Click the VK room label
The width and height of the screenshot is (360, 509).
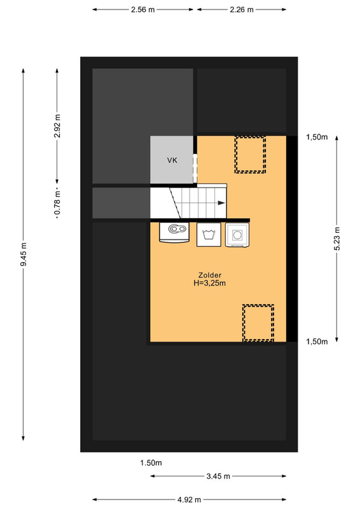tap(172, 160)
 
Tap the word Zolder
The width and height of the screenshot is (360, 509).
tap(210, 275)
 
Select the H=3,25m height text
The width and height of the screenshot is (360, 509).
tap(210, 283)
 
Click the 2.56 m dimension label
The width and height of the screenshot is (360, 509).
tap(143, 10)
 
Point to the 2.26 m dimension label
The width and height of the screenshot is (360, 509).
tap(242, 10)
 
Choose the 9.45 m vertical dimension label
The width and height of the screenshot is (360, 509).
tap(24, 254)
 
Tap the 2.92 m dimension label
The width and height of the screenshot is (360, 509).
tap(57, 125)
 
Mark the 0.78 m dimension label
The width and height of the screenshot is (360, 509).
tap(57, 203)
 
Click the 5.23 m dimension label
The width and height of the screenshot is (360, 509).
tap(337, 239)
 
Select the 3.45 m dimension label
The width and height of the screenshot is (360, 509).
tap(218, 476)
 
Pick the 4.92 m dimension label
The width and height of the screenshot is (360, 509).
tap(189, 499)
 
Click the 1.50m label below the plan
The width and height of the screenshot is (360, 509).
tap(151, 463)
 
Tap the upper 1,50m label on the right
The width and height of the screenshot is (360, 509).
tap(317, 137)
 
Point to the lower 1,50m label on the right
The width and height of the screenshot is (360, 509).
tap(317, 342)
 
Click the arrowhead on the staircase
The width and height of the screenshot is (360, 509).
tap(221, 203)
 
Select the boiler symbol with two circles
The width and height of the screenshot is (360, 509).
tap(174, 232)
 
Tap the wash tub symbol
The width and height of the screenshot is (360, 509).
tap(209, 234)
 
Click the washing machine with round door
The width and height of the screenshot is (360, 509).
tap(237, 235)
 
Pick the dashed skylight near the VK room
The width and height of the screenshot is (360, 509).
tap(250, 155)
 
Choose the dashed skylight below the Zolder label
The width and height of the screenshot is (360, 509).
tap(258, 323)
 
